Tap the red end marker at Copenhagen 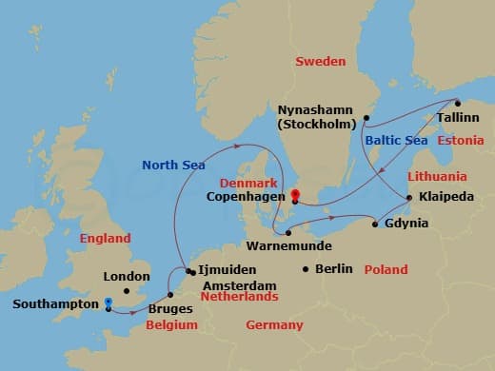click(x=294, y=197)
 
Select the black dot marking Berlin click(x=305, y=269)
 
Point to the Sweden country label click(x=320, y=61)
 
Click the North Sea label click(x=173, y=165)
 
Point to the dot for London click(x=127, y=291)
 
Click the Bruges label click(x=171, y=308)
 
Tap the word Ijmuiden click(x=226, y=271)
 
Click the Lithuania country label click(x=437, y=177)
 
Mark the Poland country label click(x=386, y=270)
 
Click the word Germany click(x=274, y=325)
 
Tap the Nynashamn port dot click(x=366, y=118)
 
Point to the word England click(x=105, y=239)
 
